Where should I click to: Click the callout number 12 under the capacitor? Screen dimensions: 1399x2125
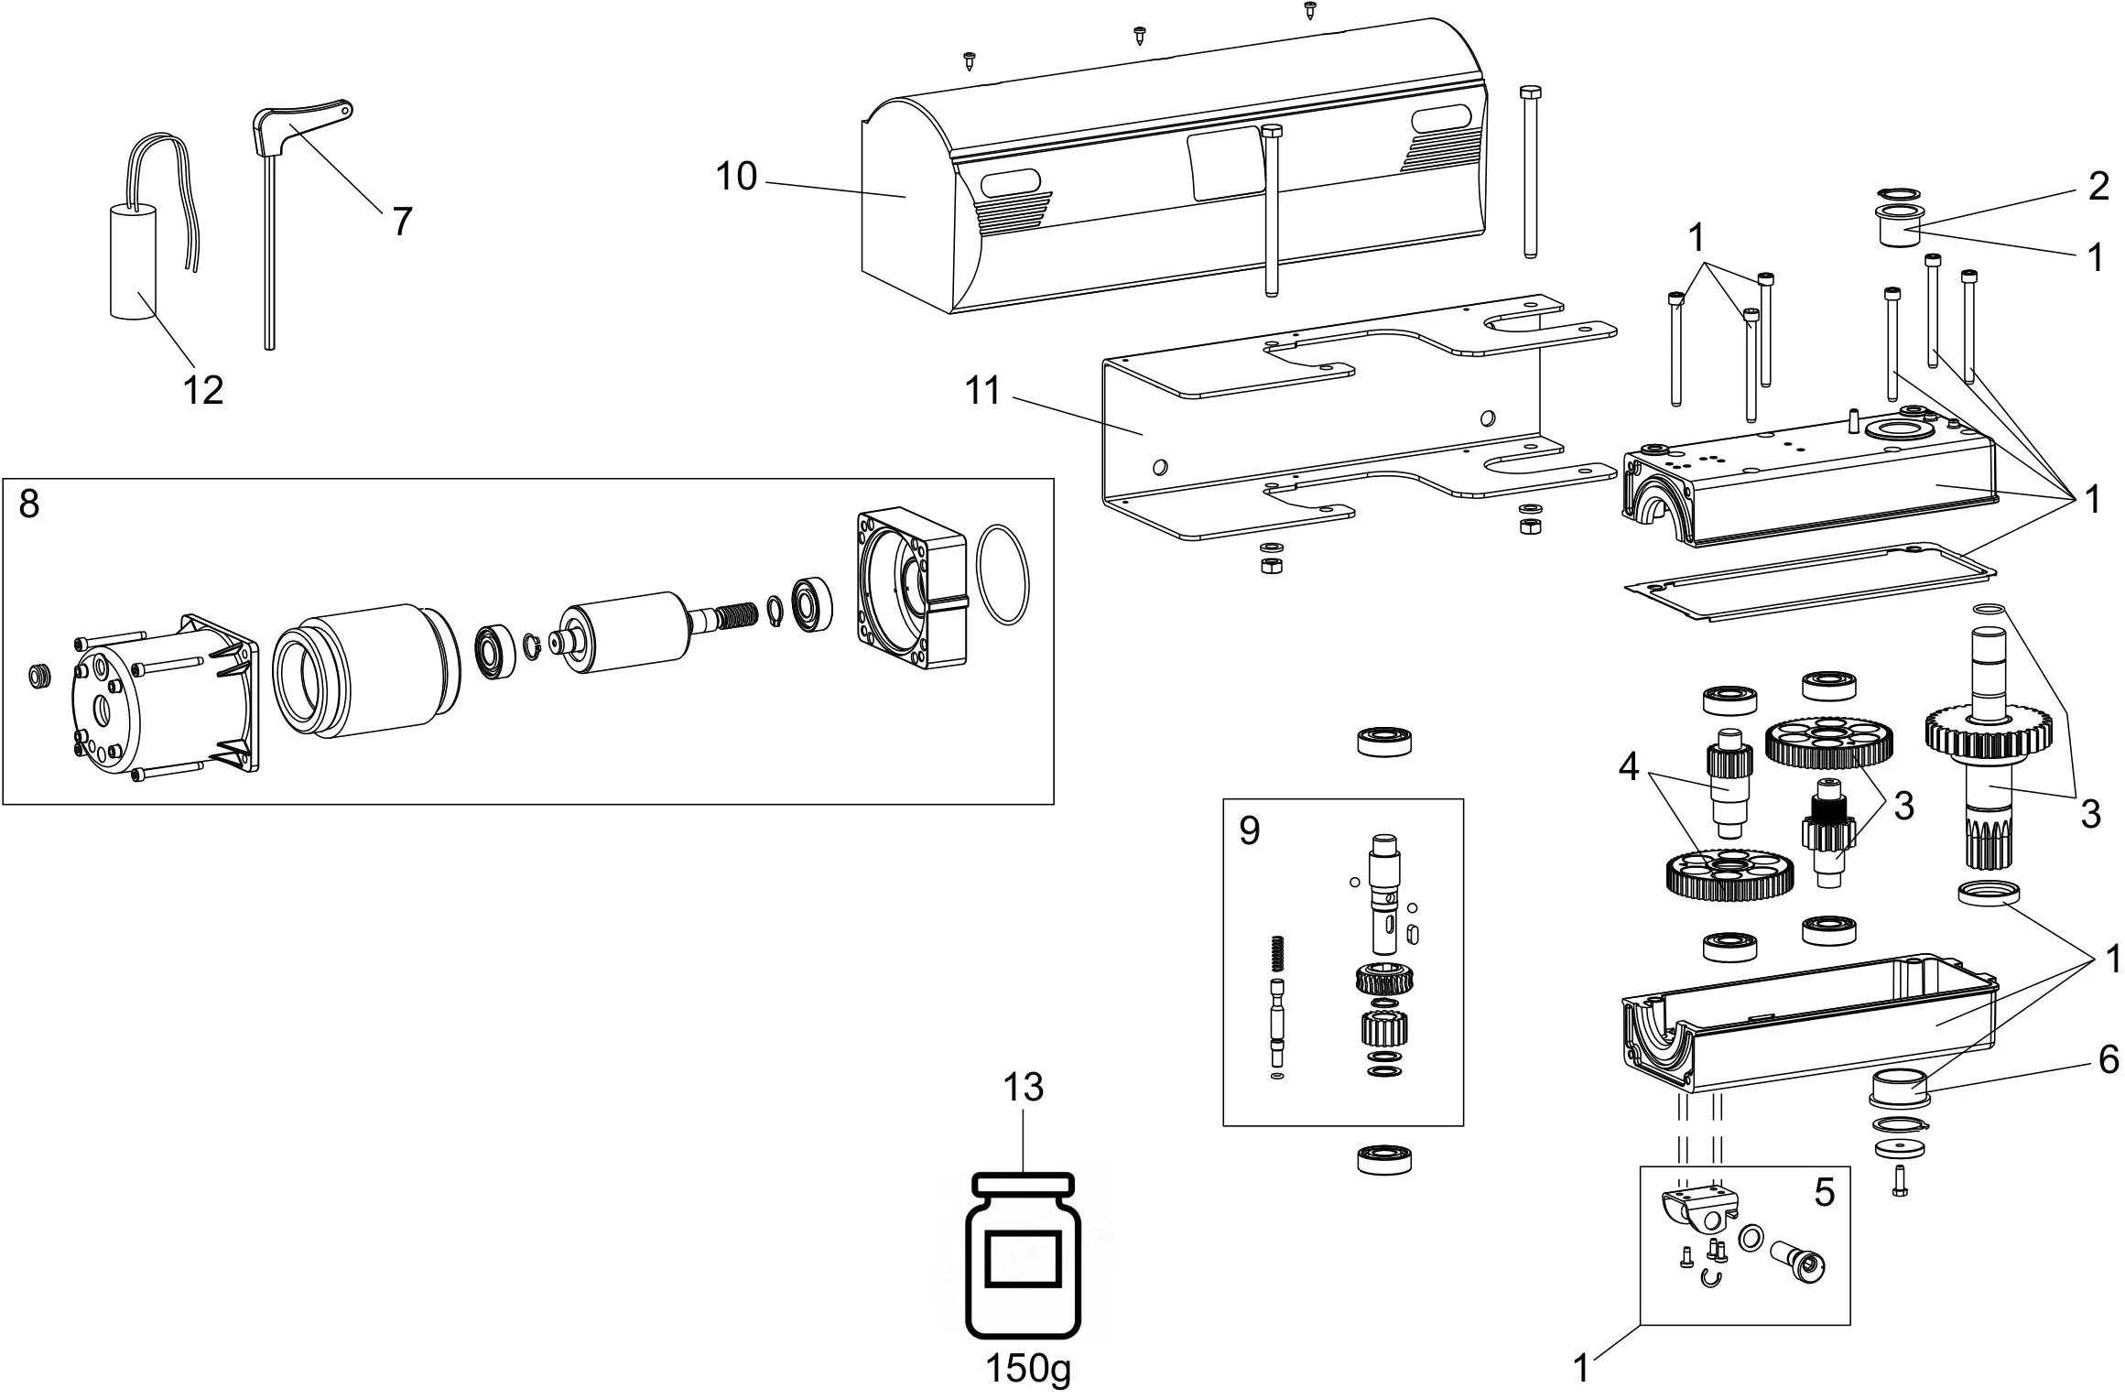pyautogui.click(x=202, y=391)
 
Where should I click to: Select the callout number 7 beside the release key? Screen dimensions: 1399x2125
pyautogui.click(x=401, y=222)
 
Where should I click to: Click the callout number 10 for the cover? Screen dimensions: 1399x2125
pyautogui.click(x=736, y=177)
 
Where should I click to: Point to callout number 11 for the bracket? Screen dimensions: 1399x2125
pyautogui.click(x=983, y=391)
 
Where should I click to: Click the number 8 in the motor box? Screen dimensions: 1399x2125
pyautogui.click(x=29, y=504)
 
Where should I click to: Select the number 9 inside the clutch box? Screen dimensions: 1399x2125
pyautogui.click(x=1249, y=831)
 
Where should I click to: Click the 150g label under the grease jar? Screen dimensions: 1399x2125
pyautogui.click(x=1027, y=1369)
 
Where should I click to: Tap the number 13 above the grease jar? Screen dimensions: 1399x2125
pyautogui.click(x=1023, y=1088)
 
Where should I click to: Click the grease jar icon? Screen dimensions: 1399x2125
pyautogui.click(x=1024, y=1259)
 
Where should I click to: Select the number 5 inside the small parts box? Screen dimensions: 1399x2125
pyautogui.click(x=1824, y=1193)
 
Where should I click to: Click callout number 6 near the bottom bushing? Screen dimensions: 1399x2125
pyautogui.click(x=2108, y=1059)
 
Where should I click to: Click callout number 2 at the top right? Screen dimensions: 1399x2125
pyautogui.click(x=2098, y=187)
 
